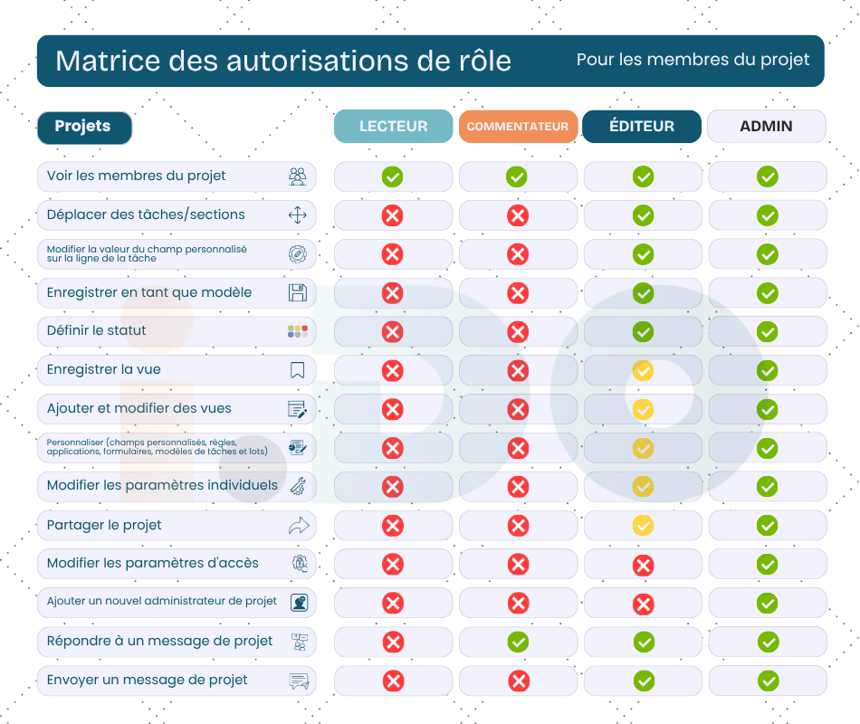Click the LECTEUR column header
(393, 127)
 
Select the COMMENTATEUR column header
(518, 127)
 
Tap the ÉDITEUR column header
(642, 127)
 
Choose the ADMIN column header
(766, 127)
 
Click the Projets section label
(83, 127)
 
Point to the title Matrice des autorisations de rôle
(283, 61)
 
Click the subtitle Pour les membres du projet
(693, 61)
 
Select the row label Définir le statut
(97, 331)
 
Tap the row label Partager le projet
(104, 525)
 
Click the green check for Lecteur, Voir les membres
(392, 176)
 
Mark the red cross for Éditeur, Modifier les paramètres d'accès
(643, 566)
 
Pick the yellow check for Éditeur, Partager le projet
(643, 525)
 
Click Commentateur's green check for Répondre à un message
(518, 642)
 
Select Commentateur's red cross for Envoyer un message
(518, 681)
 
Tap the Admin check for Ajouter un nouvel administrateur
(767, 603)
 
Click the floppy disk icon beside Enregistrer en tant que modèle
(297, 292)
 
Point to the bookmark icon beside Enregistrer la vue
(297, 370)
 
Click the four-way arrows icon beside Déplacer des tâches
(297, 215)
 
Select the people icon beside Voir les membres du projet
(297, 176)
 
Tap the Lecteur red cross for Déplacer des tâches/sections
(392, 215)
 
